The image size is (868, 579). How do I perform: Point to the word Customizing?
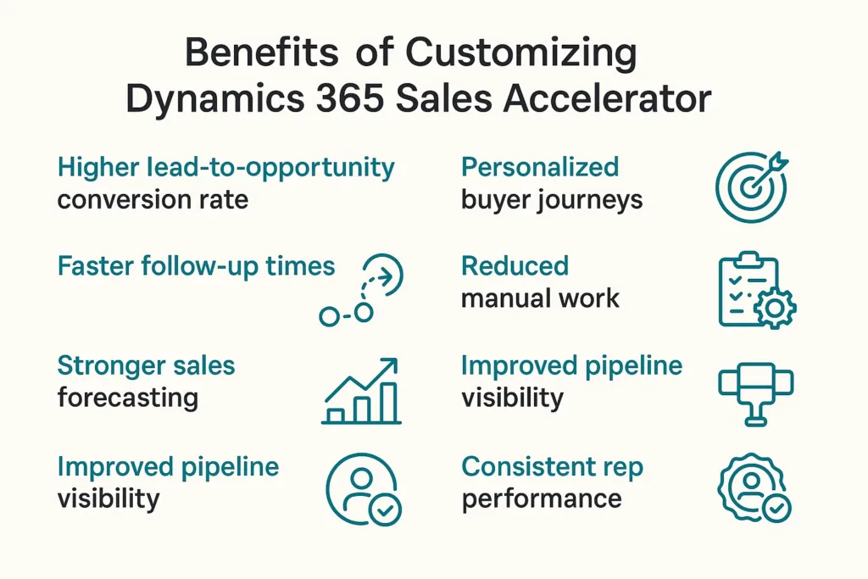[x=521, y=53]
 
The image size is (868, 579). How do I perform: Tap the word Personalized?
[x=540, y=167]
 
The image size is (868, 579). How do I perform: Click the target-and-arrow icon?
[x=750, y=186]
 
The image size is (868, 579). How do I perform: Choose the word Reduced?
[x=515, y=266]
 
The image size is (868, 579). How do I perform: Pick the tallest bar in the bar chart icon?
[x=389, y=404]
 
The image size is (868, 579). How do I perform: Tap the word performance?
[x=542, y=498]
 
